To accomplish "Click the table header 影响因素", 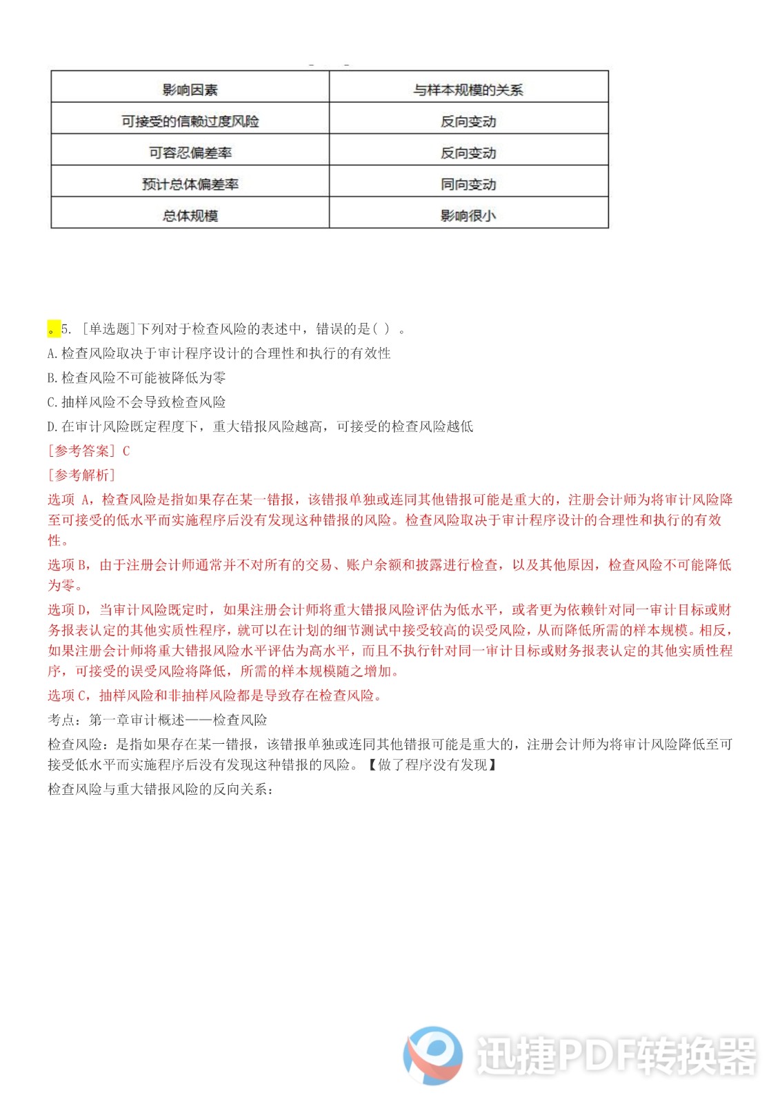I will click(x=190, y=90).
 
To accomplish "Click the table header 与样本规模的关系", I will click(x=468, y=90).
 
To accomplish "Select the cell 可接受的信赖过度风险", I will click(x=190, y=121).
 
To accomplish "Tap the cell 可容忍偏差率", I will click(x=190, y=152).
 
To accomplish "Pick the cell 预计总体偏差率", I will click(x=190, y=184).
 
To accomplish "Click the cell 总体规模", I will click(x=190, y=215).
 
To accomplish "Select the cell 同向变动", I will click(x=468, y=184).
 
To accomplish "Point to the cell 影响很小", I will click(x=468, y=215).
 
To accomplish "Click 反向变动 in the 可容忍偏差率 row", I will click(x=468, y=152).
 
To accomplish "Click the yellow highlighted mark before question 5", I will click(x=53, y=329).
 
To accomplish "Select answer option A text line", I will click(x=219, y=353).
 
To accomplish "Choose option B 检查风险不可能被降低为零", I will click(x=137, y=377).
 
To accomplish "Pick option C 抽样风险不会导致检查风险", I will click(x=137, y=402).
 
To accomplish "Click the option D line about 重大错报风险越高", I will click(x=260, y=426).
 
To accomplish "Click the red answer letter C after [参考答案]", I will click(x=126, y=451).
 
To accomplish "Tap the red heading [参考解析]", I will click(x=81, y=475).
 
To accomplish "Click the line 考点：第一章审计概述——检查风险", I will click(x=157, y=720).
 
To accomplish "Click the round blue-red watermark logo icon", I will click(x=433, y=1055).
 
